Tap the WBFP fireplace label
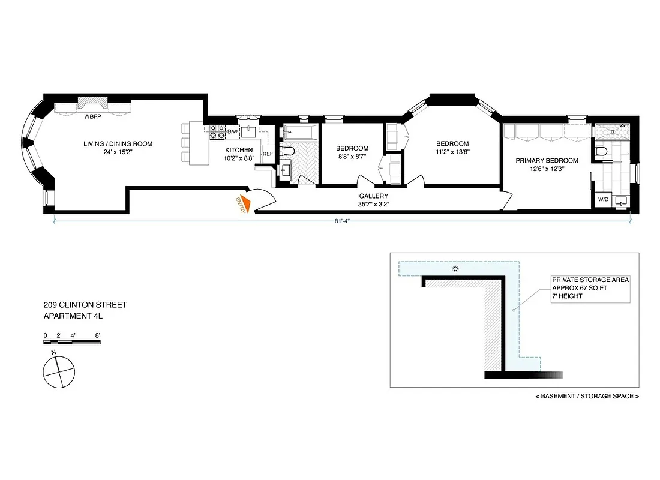(x=92, y=116)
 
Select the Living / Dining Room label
(x=118, y=144)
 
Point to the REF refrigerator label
(x=268, y=154)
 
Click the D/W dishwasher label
(x=233, y=131)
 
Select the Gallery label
(x=373, y=196)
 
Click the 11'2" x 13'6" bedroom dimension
(x=452, y=152)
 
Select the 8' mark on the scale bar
(x=97, y=335)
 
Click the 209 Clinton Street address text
(x=85, y=305)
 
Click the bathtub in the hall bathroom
(x=301, y=131)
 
